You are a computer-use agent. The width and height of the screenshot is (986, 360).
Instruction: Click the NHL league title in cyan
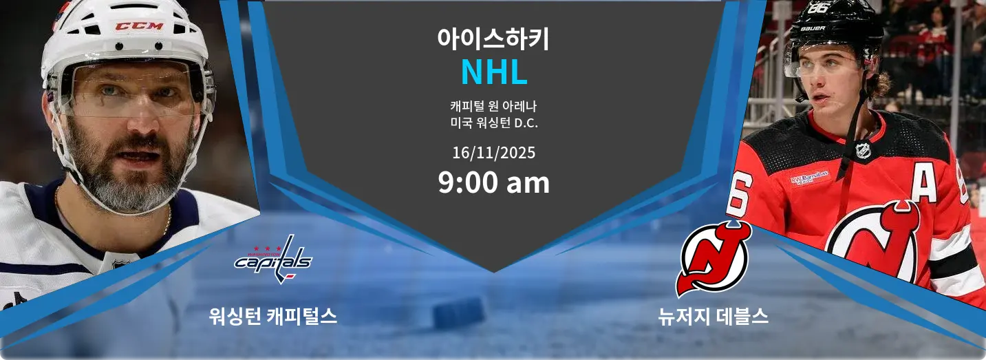(x=494, y=72)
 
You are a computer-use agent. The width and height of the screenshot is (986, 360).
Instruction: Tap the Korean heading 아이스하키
(x=493, y=39)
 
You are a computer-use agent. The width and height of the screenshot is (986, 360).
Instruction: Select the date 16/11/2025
(x=493, y=153)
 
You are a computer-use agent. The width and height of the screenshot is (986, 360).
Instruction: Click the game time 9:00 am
(x=493, y=182)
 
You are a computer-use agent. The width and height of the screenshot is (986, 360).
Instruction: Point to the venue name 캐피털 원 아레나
(x=493, y=106)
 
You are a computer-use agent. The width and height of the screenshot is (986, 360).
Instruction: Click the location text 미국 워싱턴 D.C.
(x=493, y=123)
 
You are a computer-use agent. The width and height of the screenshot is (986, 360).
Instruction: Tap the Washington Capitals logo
(x=273, y=260)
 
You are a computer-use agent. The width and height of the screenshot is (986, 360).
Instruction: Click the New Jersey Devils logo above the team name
(x=714, y=260)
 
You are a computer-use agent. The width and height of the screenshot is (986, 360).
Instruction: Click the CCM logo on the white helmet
(x=139, y=26)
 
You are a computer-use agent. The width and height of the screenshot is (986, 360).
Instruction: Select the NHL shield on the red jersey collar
(x=863, y=150)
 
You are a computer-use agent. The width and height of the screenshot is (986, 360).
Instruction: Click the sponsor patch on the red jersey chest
(x=809, y=178)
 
